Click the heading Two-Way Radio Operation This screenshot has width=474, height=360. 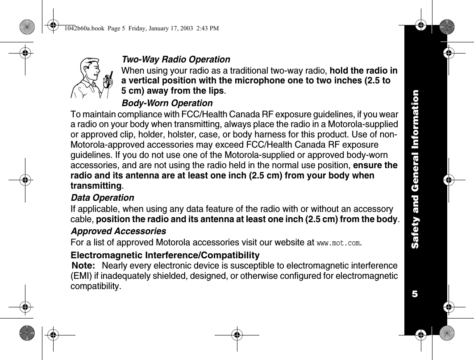click(176, 59)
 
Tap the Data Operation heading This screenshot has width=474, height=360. click(102, 197)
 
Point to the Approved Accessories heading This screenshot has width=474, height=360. click(118, 232)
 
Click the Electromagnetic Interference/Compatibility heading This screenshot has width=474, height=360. click(165, 256)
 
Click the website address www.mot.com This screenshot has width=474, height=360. click(338, 244)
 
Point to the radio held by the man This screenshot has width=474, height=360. click(107, 80)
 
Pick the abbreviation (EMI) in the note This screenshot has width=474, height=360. click(80, 276)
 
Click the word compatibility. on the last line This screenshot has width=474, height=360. click(96, 286)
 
